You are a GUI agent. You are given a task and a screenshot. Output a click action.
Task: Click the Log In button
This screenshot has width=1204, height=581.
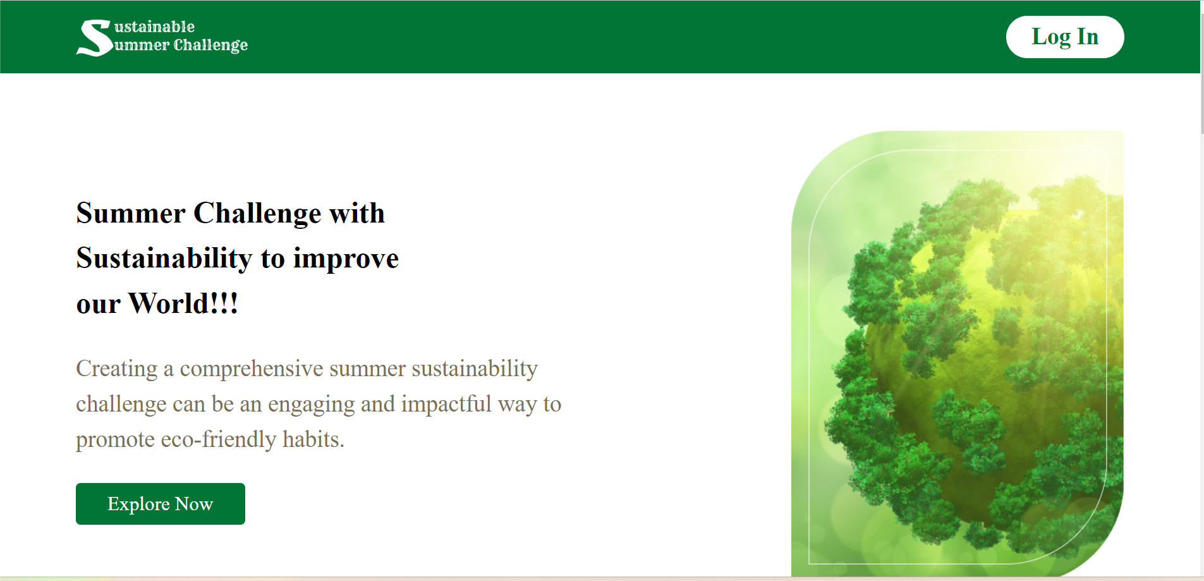(x=1064, y=37)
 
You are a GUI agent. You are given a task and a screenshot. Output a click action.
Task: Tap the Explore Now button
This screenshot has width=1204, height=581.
(x=160, y=504)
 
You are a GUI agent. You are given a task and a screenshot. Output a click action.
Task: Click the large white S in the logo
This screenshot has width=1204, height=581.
(x=94, y=38)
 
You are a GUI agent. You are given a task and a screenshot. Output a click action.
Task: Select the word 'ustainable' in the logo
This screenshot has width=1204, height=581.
(x=154, y=27)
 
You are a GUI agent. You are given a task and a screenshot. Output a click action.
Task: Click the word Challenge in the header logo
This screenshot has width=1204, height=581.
(x=210, y=46)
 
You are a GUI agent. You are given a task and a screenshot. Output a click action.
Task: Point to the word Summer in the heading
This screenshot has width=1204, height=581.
(x=130, y=213)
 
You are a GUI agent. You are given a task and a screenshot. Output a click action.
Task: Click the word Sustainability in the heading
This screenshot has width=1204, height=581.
(x=164, y=259)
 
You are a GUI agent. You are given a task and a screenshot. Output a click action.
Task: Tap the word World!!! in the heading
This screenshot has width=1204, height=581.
(x=183, y=303)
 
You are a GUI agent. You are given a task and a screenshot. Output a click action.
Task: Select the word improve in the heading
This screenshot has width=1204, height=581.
(x=346, y=259)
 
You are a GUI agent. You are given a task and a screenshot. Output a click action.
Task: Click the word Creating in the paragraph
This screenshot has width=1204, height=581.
(x=117, y=369)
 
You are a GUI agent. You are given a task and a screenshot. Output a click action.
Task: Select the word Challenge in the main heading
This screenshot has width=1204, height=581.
(x=258, y=214)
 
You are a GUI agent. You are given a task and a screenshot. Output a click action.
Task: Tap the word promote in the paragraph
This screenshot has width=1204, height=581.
(x=115, y=440)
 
